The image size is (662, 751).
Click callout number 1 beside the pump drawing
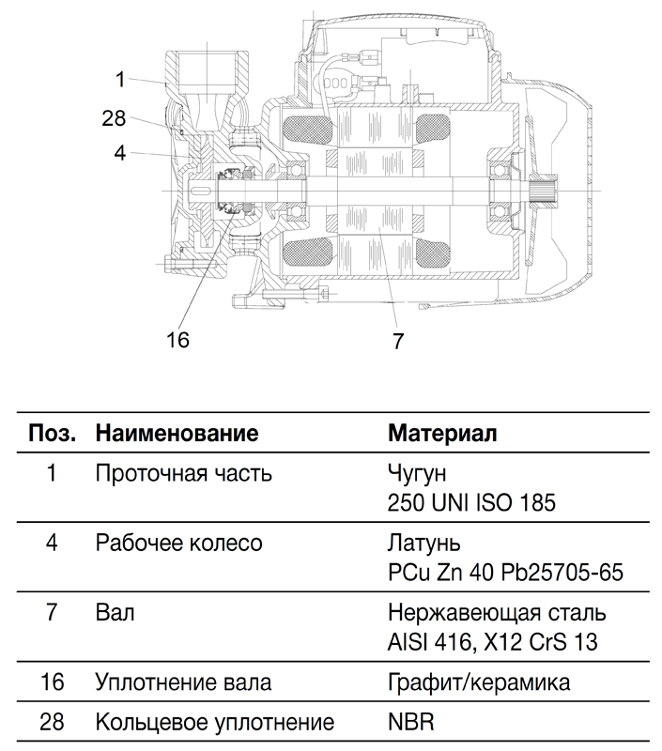click(x=120, y=80)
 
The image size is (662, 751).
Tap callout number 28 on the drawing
click(x=114, y=118)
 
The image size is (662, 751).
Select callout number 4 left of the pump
click(x=120, y=153)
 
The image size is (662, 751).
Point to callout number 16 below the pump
click(x=177, y=340)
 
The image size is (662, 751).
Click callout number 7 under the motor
click(x=398, y=341)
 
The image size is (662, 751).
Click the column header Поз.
click(x=53, y=433)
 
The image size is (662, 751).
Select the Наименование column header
click(x=177, y=433)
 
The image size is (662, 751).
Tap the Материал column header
click(x=442, y=433)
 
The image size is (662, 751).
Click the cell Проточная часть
click(x=183, y=474)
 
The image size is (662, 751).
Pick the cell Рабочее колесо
click(x=178, y=544)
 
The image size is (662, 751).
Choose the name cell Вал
click(x=115, y=613)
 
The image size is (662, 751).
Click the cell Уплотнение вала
click(x=183, y=682)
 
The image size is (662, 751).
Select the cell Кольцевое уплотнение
click(x=215, y=722)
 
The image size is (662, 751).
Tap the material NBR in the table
click(x=410, y=722)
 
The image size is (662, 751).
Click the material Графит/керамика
click(x=479, y=682)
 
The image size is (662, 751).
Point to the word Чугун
click(x=417, y=474)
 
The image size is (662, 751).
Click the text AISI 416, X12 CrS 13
click(x=492, y=642)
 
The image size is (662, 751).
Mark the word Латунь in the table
click(x=423, y=544)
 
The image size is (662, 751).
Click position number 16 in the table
click(x=52, y=682)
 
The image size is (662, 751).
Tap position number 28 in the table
click(x=52, y=722)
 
